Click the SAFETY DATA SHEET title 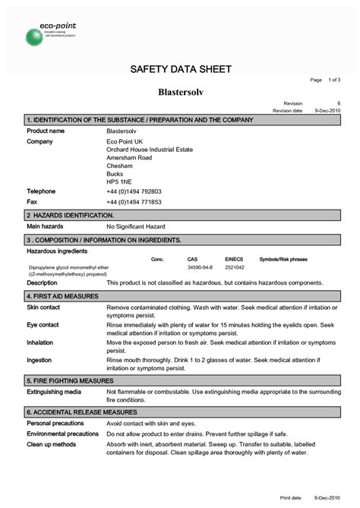point(180,70)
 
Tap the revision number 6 point(339,103)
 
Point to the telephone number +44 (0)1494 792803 point(134,191)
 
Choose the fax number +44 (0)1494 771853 point(134,203)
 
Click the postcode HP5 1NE point(118,182)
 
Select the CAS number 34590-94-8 point(200,268)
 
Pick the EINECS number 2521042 point(235,268)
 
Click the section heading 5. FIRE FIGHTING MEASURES point(70,380)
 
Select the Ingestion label point(39,360)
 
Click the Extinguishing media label point(54,391)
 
